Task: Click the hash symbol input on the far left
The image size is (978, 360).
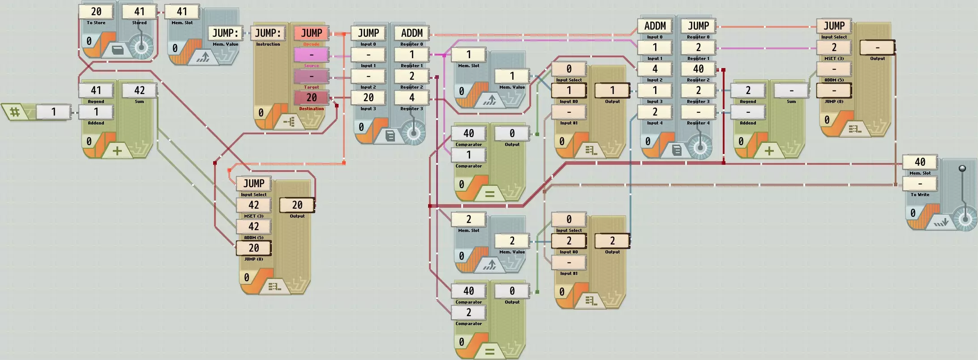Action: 15,111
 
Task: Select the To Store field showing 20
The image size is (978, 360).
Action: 96,12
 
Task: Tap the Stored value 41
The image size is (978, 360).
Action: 139,12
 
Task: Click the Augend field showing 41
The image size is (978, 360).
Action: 96,90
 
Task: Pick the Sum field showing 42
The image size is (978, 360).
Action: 139,90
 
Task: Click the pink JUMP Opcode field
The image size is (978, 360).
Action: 311,33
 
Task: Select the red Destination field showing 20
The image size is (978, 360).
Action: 311,98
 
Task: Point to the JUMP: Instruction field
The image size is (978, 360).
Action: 268,33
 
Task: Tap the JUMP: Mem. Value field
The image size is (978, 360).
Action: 225,33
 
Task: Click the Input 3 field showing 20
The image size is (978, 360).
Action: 369,98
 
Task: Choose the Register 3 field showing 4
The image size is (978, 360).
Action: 412,98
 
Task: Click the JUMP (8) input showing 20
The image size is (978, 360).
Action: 253,248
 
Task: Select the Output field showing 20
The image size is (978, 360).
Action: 297,205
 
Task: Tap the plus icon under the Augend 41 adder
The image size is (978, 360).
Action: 117,151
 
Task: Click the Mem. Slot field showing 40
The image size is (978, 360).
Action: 920,162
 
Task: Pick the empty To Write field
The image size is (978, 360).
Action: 920,184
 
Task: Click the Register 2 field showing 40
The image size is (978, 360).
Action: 698,69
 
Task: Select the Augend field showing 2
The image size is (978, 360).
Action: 748,90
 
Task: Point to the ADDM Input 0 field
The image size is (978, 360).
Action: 655,26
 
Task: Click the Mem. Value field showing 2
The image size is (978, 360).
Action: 512,241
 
